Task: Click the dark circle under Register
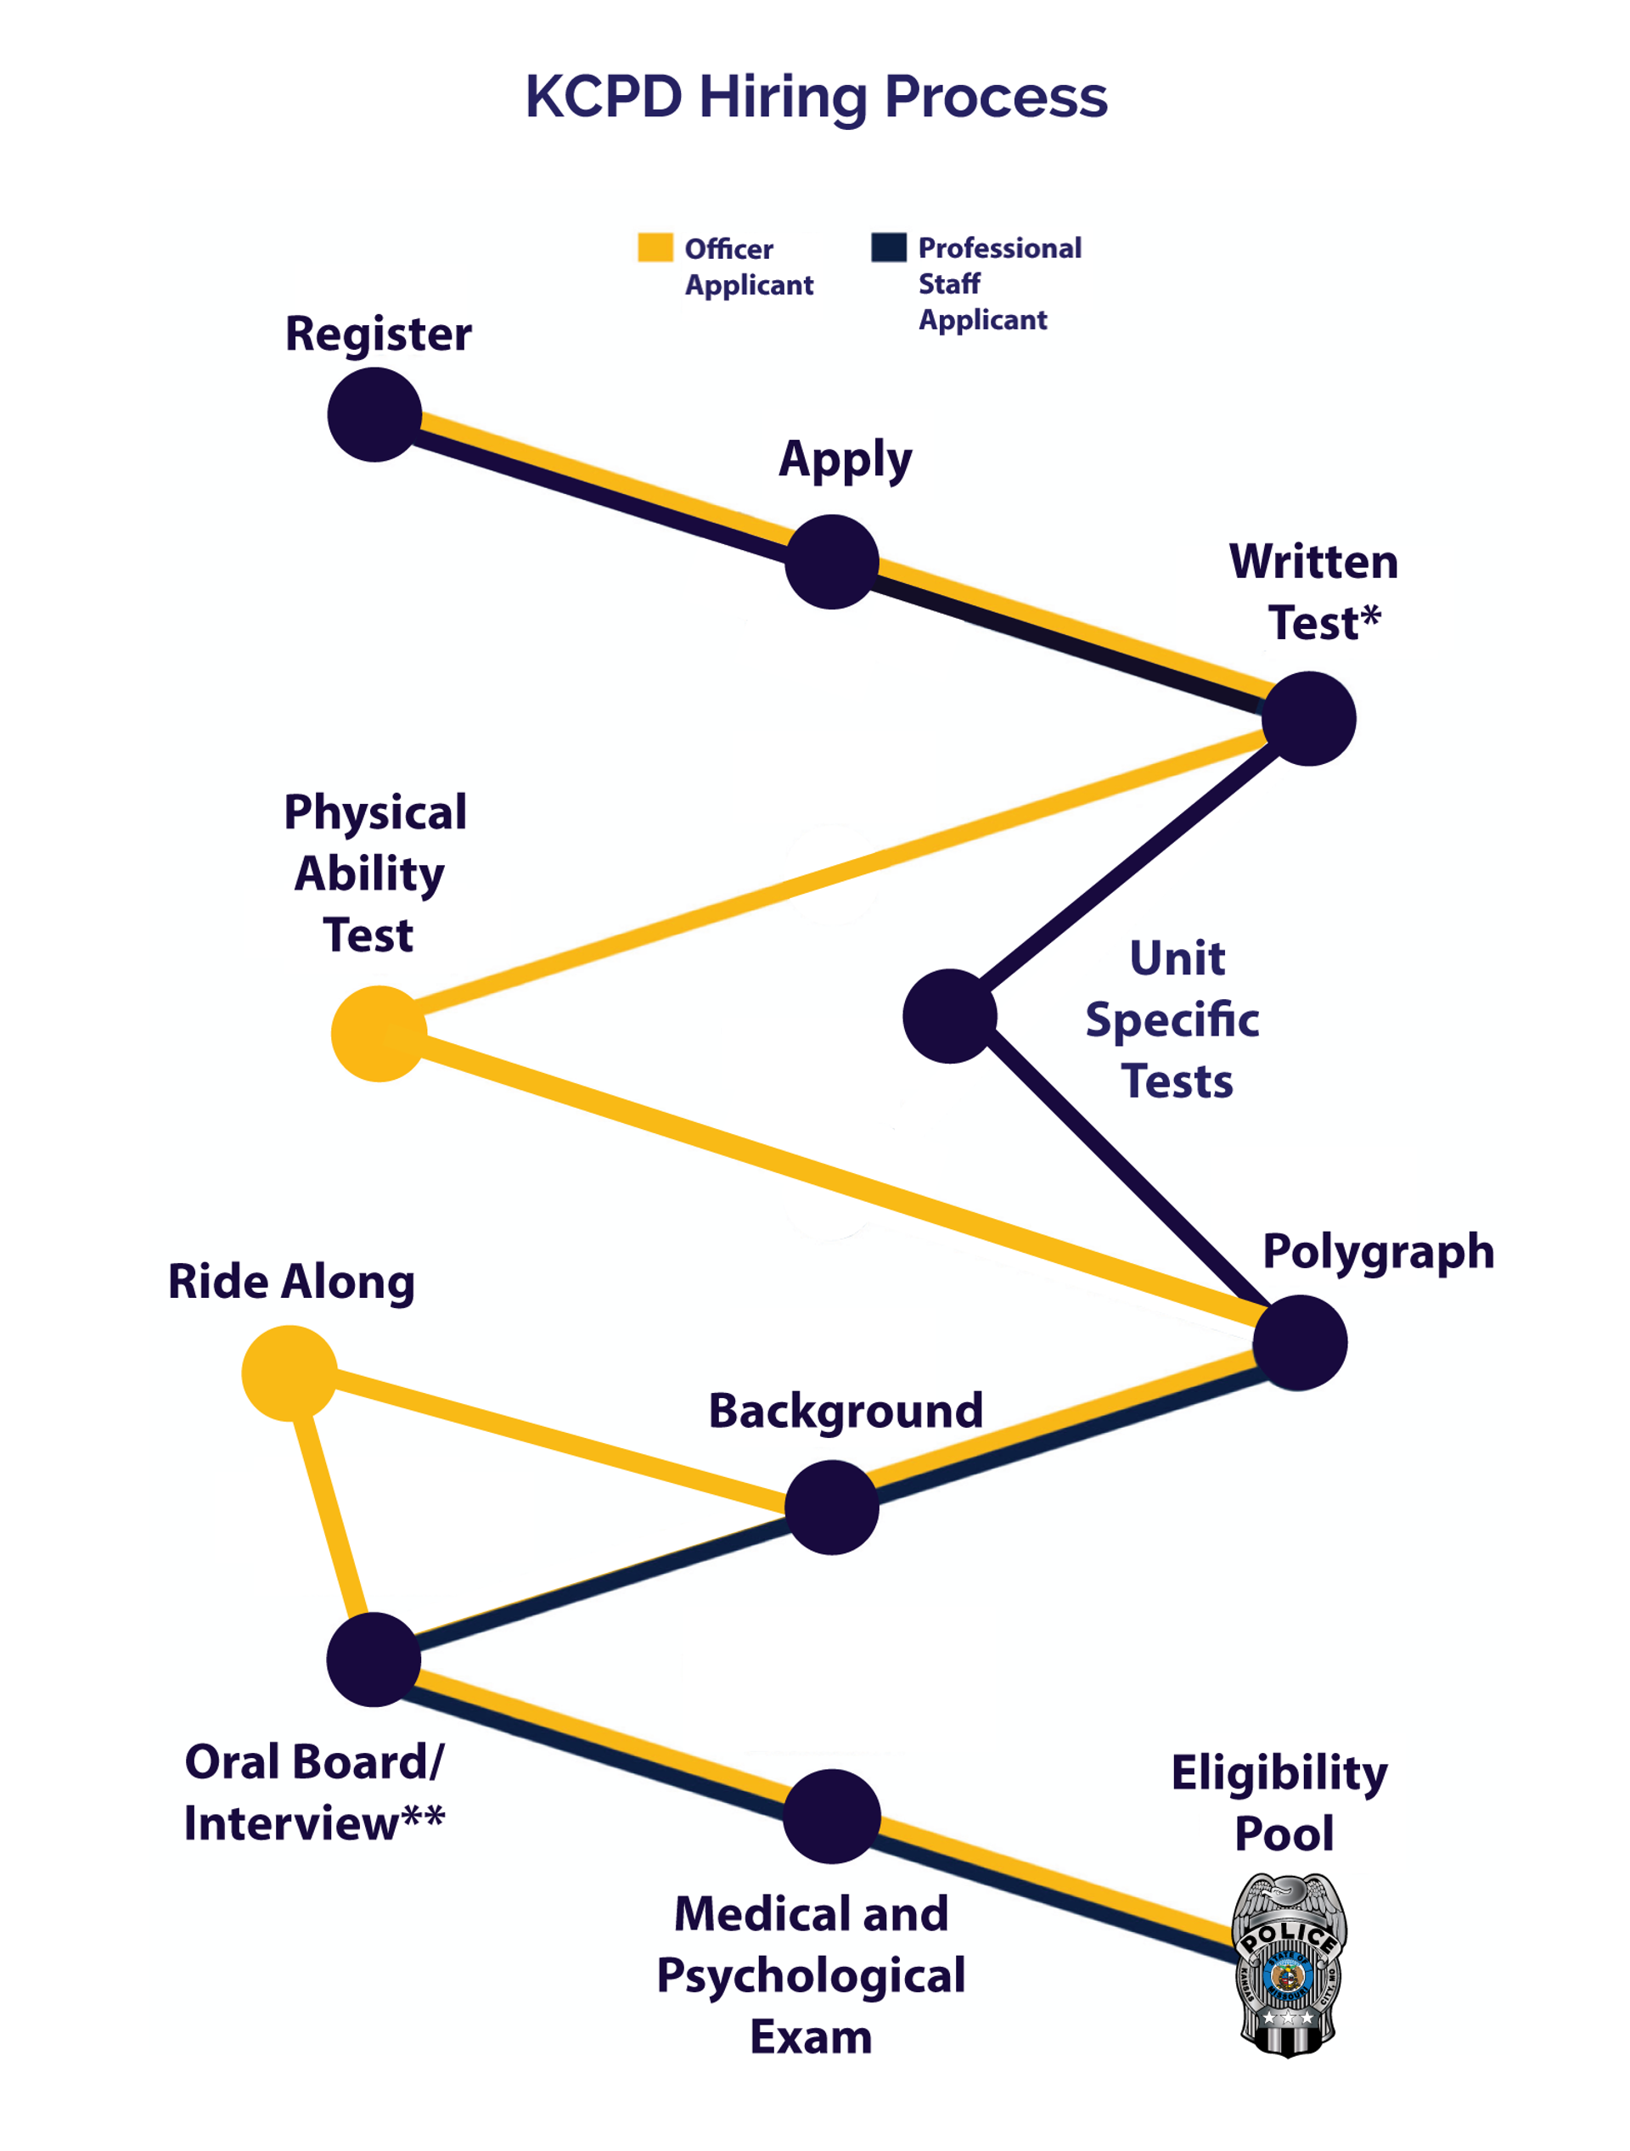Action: (x=374, y=414)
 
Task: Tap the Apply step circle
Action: (x=831, y=562)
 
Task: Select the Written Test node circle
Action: (x=1309, y=719)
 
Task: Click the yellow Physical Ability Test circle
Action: (x=379, y=1034)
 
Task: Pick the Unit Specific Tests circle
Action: (x=949, y=1016)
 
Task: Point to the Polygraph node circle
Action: (x=1300, y=1343)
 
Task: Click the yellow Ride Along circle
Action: (x=289, y=1373)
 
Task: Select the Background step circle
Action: (x=831, y=1508)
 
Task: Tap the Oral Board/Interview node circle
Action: (x=374, y=1660)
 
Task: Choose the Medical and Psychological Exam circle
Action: (x=831, y=1817)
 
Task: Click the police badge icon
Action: (x=1289, y=1964)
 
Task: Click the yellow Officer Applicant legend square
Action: (x=655, y=247)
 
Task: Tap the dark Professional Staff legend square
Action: (x=888, y=247)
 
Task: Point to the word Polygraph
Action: (x=1377, y=1252)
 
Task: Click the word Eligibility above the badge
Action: (x=1279, y=1772)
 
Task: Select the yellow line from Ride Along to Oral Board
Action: (x=330, y=1517)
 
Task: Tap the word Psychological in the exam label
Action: (x=810, y=1976)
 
